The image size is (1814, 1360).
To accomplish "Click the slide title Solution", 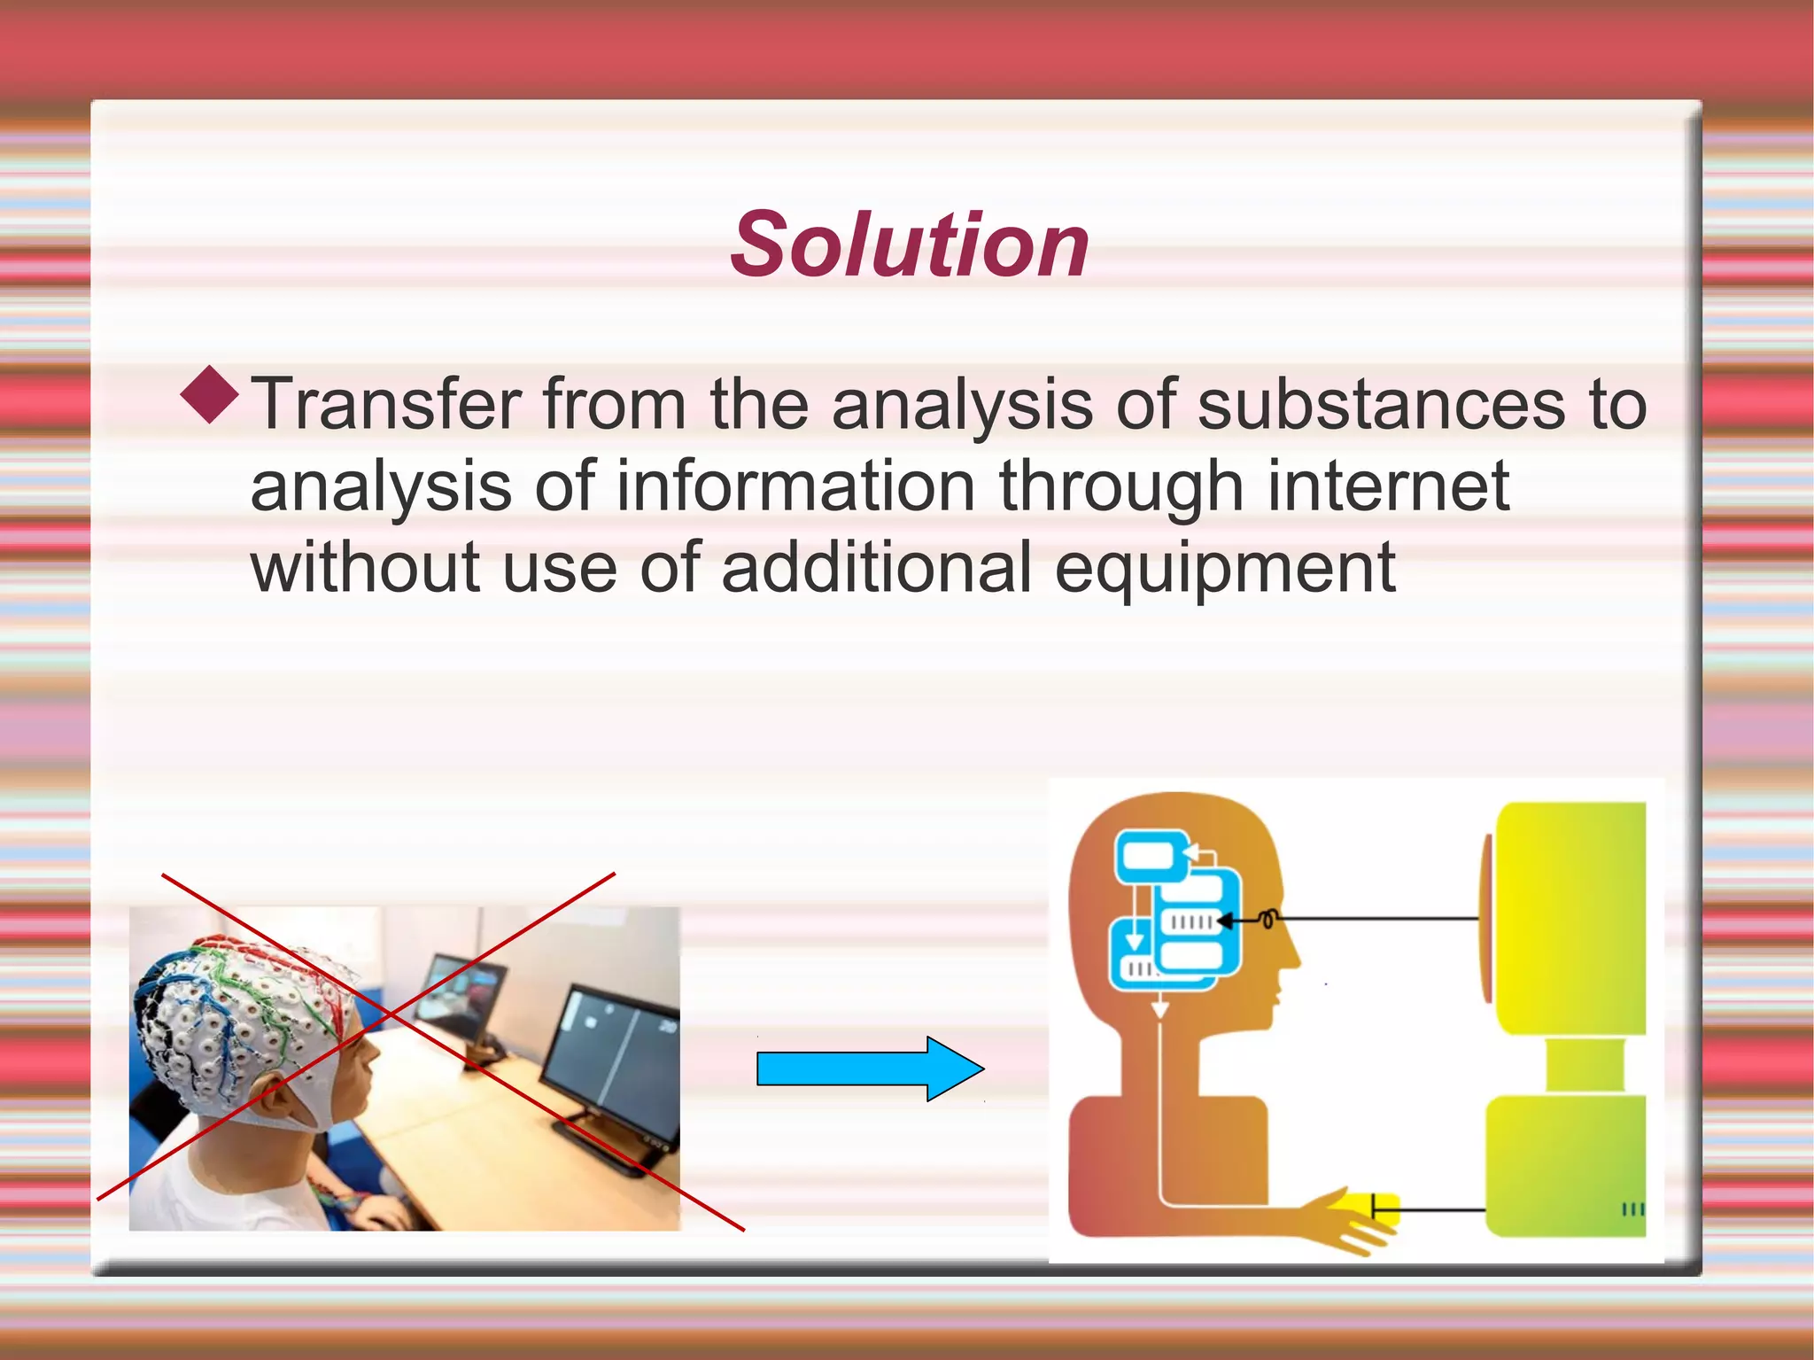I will [x=909, y=245].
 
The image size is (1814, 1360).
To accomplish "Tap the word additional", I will [x=876, y=568].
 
